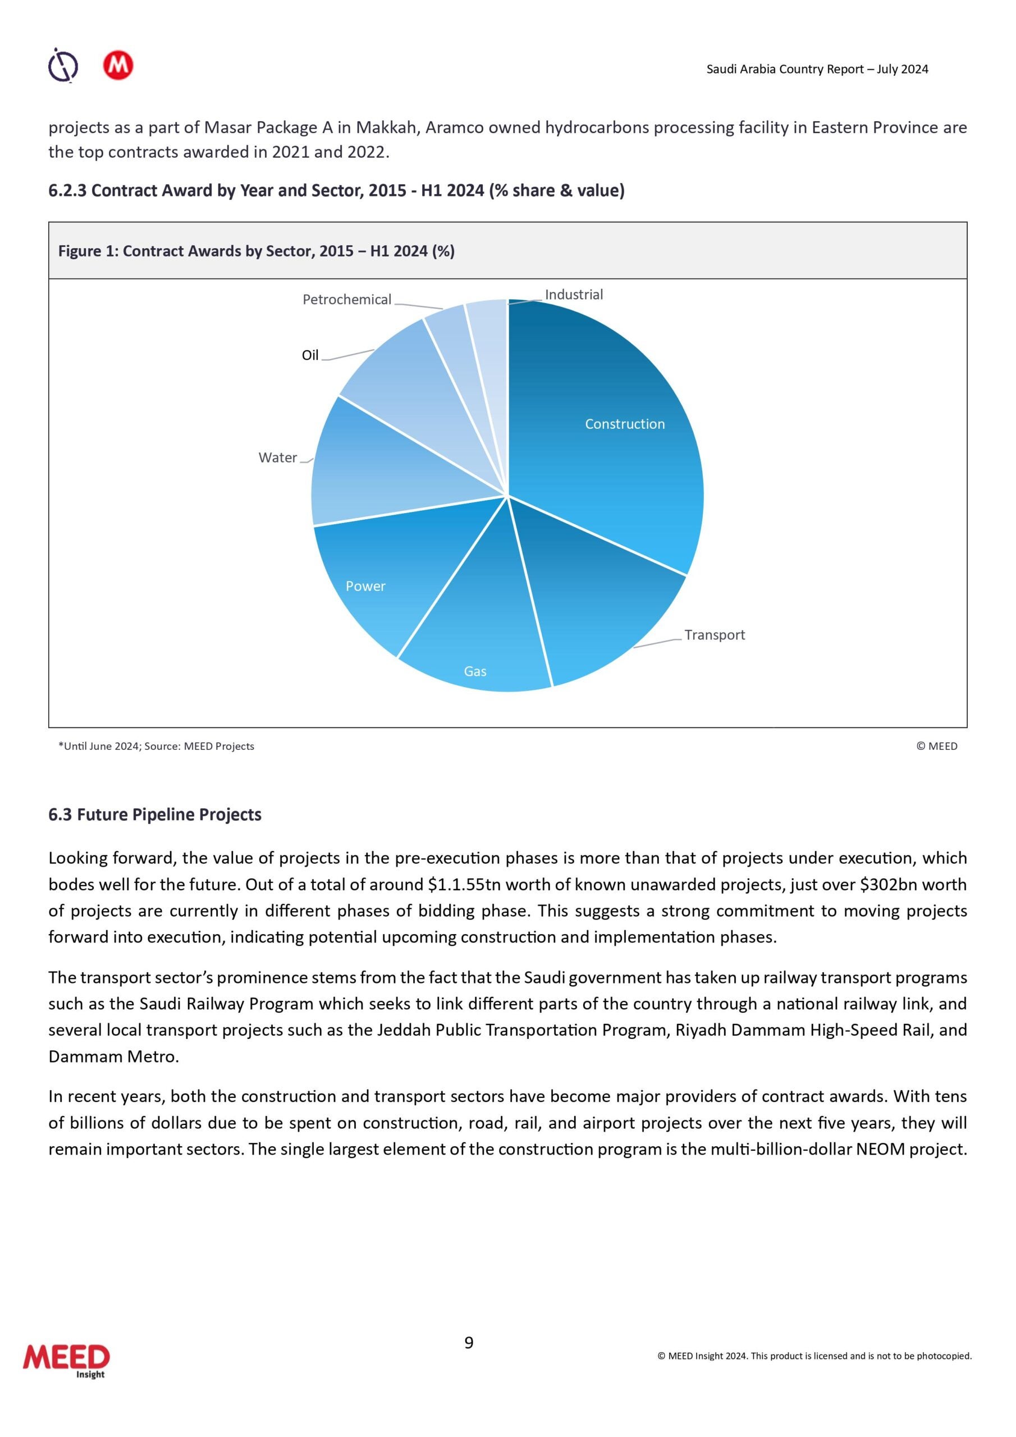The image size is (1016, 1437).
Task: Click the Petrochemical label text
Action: coord(347,300)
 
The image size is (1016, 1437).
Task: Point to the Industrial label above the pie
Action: coord(574,295)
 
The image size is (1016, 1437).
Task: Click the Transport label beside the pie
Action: coord(714,635)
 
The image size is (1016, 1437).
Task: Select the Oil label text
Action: coord(310,355)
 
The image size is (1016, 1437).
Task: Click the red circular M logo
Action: coord(118,65)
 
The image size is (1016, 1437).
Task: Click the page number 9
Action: coord(469,1343)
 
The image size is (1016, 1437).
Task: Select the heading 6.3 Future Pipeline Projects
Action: coord(154,815)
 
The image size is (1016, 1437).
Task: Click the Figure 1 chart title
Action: coord(256,251)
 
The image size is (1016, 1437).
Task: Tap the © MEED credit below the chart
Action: coord(936,746)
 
